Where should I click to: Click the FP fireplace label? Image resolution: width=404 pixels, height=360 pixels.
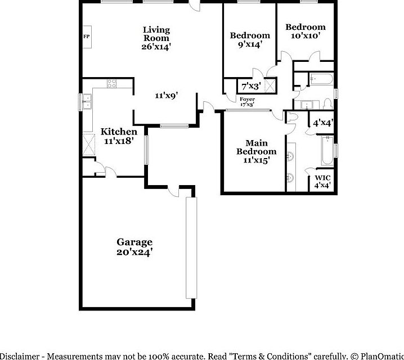click(x=86, y=37)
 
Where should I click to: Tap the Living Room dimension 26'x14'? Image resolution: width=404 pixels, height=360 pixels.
click(x=156, y=47)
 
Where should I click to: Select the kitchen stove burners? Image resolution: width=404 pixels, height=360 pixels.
click(x=111, y=85)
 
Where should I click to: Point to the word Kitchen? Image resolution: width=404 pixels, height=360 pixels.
click(x=119, y=132)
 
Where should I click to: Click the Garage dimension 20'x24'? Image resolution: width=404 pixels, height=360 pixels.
click(x=134, y=253)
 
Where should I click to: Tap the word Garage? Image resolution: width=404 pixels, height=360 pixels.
click(x=134, y=242)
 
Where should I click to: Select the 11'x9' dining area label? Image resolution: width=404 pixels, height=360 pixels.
click(x=167, y=96)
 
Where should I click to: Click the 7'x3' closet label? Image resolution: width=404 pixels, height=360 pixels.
click(x=250, y=87)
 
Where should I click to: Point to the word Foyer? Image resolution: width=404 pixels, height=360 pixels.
click(x=248, y=100)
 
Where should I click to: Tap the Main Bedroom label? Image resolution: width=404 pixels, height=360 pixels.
click(x=256, y=147)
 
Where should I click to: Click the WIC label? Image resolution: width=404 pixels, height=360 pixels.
click(x=322, y=177)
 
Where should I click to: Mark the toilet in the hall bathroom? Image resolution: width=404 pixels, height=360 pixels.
click(x=327, y=105)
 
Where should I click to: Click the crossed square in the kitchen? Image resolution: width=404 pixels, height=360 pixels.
click(x=89, y=145)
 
